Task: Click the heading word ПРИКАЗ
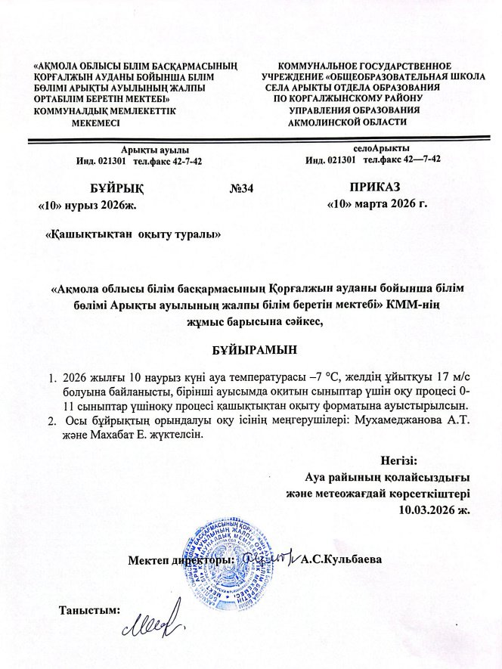[x=375, y=186]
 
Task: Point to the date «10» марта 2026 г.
[x=376, y=204]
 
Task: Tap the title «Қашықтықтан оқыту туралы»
[x=133, y=234]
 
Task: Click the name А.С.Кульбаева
[x=341, y=560]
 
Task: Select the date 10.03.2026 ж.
[x=434, y=510]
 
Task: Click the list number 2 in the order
[x=51, y=420]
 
